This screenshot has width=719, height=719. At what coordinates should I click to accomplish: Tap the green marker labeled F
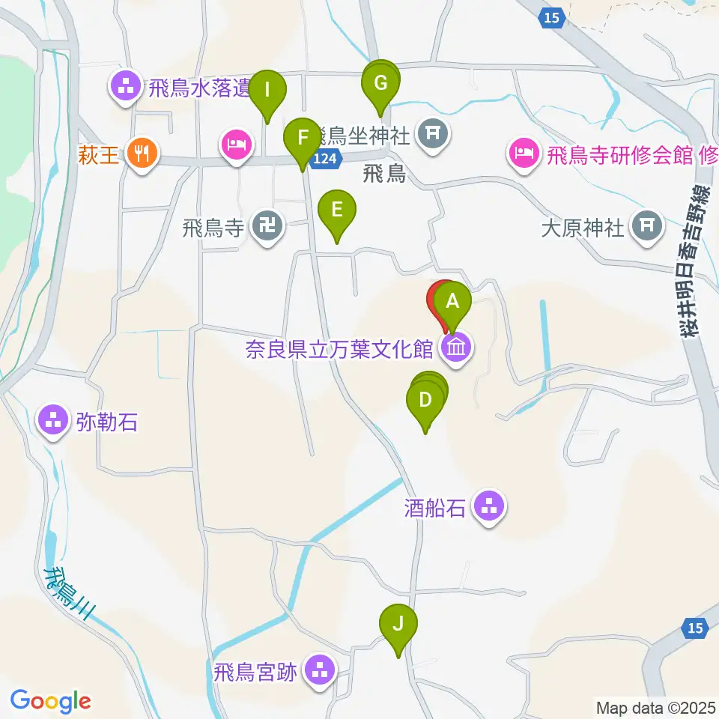(x=303, y=139)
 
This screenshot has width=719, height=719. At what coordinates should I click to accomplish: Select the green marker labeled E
(x=337, y=209)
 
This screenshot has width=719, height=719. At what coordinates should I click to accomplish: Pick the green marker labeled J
(x=398, y=624)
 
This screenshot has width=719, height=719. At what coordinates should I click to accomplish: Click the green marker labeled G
(x=381, y=83)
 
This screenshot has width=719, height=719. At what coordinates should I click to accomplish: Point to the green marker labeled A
(x=452, y=303)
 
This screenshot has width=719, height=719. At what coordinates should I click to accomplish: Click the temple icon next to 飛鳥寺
(x=267, y=227)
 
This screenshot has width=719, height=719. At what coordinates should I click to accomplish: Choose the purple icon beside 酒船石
(x=490, y=509)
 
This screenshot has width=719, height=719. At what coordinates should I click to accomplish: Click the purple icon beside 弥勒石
(x=53, y=422)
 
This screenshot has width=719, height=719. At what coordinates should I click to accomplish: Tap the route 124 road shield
(x=327, y=158)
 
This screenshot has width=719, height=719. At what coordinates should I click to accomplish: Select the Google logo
(x=50, y=701)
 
